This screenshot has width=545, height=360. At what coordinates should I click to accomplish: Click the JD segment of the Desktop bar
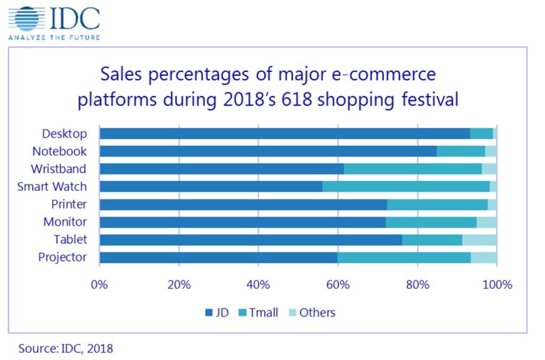point(285,133)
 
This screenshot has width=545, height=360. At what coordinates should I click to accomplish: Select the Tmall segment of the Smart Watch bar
point(406,187)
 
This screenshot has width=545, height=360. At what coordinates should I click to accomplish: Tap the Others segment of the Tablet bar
point(479,240)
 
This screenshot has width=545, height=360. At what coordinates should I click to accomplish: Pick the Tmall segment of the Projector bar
point(404,258)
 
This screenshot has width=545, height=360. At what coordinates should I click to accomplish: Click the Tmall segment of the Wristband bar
point(412,169)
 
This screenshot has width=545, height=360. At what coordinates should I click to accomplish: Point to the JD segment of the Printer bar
point(243,205)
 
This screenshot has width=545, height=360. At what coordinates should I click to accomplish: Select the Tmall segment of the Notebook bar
point(460,151)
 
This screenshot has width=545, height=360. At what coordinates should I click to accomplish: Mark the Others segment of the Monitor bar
point(486,222)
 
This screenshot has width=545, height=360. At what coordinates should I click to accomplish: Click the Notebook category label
point(59,151)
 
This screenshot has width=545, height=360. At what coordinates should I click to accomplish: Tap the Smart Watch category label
point(52,187)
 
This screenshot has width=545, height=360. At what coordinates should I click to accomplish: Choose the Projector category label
point(62,258)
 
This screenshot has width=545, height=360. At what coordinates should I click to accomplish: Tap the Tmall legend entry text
point(263,312)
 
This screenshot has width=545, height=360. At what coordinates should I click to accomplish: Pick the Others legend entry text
point(317,312)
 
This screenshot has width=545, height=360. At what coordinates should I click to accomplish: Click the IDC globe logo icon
point(27,18)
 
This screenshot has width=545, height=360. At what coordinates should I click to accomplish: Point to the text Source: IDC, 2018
point(66,349)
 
